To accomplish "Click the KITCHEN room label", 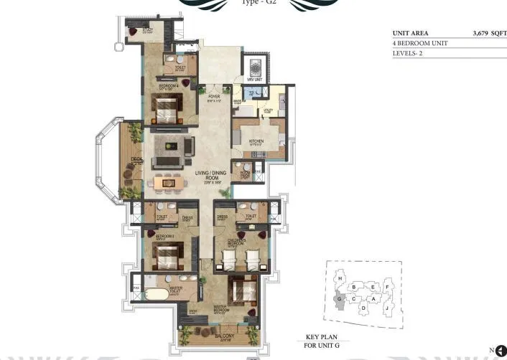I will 256,141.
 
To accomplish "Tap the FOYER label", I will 213,96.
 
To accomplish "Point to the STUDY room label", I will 147,29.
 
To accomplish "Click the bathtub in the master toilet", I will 157,295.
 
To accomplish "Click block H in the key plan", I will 339,278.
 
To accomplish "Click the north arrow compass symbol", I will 501,350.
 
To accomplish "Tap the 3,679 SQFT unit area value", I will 485,33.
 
